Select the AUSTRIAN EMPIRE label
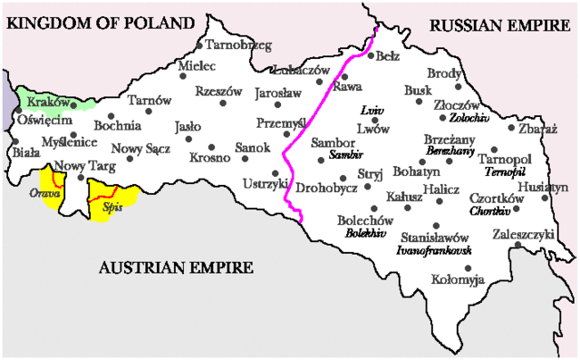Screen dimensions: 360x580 [x=176, y=268]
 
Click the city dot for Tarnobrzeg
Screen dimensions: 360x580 [x=198, y=44]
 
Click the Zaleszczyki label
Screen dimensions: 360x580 [x=523, y=233]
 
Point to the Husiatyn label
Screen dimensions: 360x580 [x=546, y=187]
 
